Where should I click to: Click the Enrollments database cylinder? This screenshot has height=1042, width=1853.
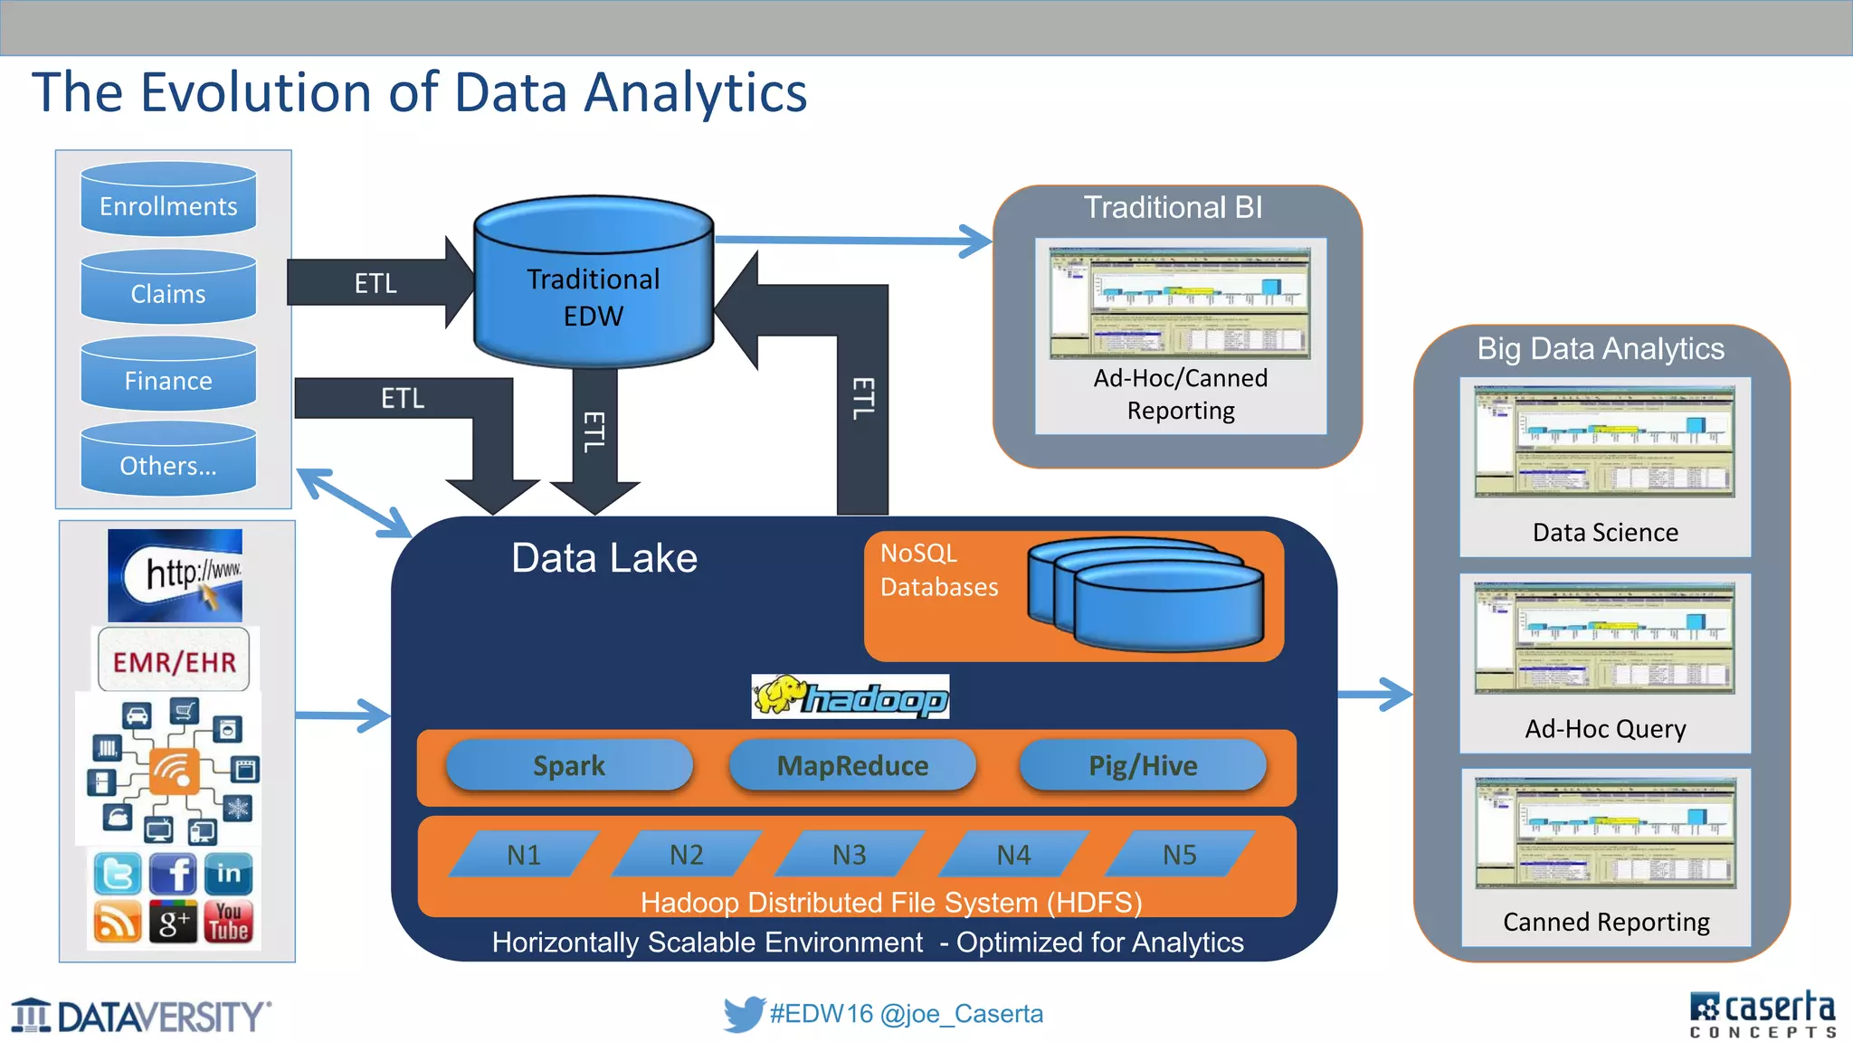click(x=168, y=201)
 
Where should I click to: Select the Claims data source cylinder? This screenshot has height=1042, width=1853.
click(x=168, y=289)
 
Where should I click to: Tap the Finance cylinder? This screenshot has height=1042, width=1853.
click(x=168, y=376)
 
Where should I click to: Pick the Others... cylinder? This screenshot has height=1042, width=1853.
click(x=168, y=461)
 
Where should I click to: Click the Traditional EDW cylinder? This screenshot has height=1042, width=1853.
click(x=594, y=288)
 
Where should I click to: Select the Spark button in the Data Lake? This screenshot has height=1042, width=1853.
click(x=569, y=766)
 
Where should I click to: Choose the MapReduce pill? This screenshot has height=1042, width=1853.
click(x=852, y=766)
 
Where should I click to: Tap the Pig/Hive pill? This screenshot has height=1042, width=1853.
click(x=1143, y=766)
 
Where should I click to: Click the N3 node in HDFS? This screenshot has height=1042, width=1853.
click(x=850, y=855)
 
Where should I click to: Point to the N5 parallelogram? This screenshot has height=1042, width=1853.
click(x=1179, y=855)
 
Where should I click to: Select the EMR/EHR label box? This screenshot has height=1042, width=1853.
click(x=174, y=661)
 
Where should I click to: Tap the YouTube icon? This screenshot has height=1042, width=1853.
click(x=229, y=922)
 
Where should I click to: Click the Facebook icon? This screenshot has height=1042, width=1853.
click(x=173, y=874)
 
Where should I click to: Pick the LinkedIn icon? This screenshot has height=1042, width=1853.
click(x=228, y=874)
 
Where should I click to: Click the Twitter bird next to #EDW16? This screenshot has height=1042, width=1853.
click(x=744, y=1014)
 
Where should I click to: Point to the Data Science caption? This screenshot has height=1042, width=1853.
click(x=1605, y=533)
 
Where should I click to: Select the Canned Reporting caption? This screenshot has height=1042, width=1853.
click(x=1606, y=923)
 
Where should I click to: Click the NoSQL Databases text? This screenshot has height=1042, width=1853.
click(x=938, y=571)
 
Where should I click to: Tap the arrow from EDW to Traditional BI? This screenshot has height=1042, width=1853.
click(x=850, y=241)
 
